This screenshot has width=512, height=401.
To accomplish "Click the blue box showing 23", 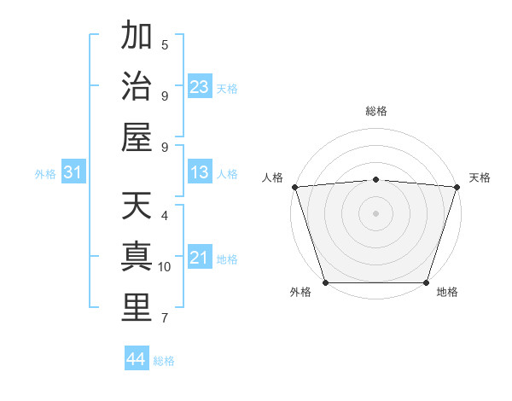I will click(200, 87).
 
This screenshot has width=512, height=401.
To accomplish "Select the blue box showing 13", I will click(200, 173).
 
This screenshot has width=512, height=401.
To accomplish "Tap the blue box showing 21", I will click(200, 259).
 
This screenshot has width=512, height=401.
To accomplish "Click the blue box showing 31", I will click(73, 173).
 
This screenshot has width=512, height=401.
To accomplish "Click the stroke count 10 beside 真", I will click(165, 267).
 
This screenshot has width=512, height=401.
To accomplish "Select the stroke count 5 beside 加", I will click(165, 44).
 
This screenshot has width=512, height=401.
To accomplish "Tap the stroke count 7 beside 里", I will click(165, 318).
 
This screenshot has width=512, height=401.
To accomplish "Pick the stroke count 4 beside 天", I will click(165, 216).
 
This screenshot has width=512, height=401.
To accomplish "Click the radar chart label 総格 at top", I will click(375, 111).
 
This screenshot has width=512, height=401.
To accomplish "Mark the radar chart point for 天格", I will click(457, 187).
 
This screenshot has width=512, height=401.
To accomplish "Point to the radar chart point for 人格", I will click(294, 187).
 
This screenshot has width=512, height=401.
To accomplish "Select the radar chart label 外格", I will click(300, 293).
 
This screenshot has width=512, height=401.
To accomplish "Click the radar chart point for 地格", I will click(426, 282).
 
